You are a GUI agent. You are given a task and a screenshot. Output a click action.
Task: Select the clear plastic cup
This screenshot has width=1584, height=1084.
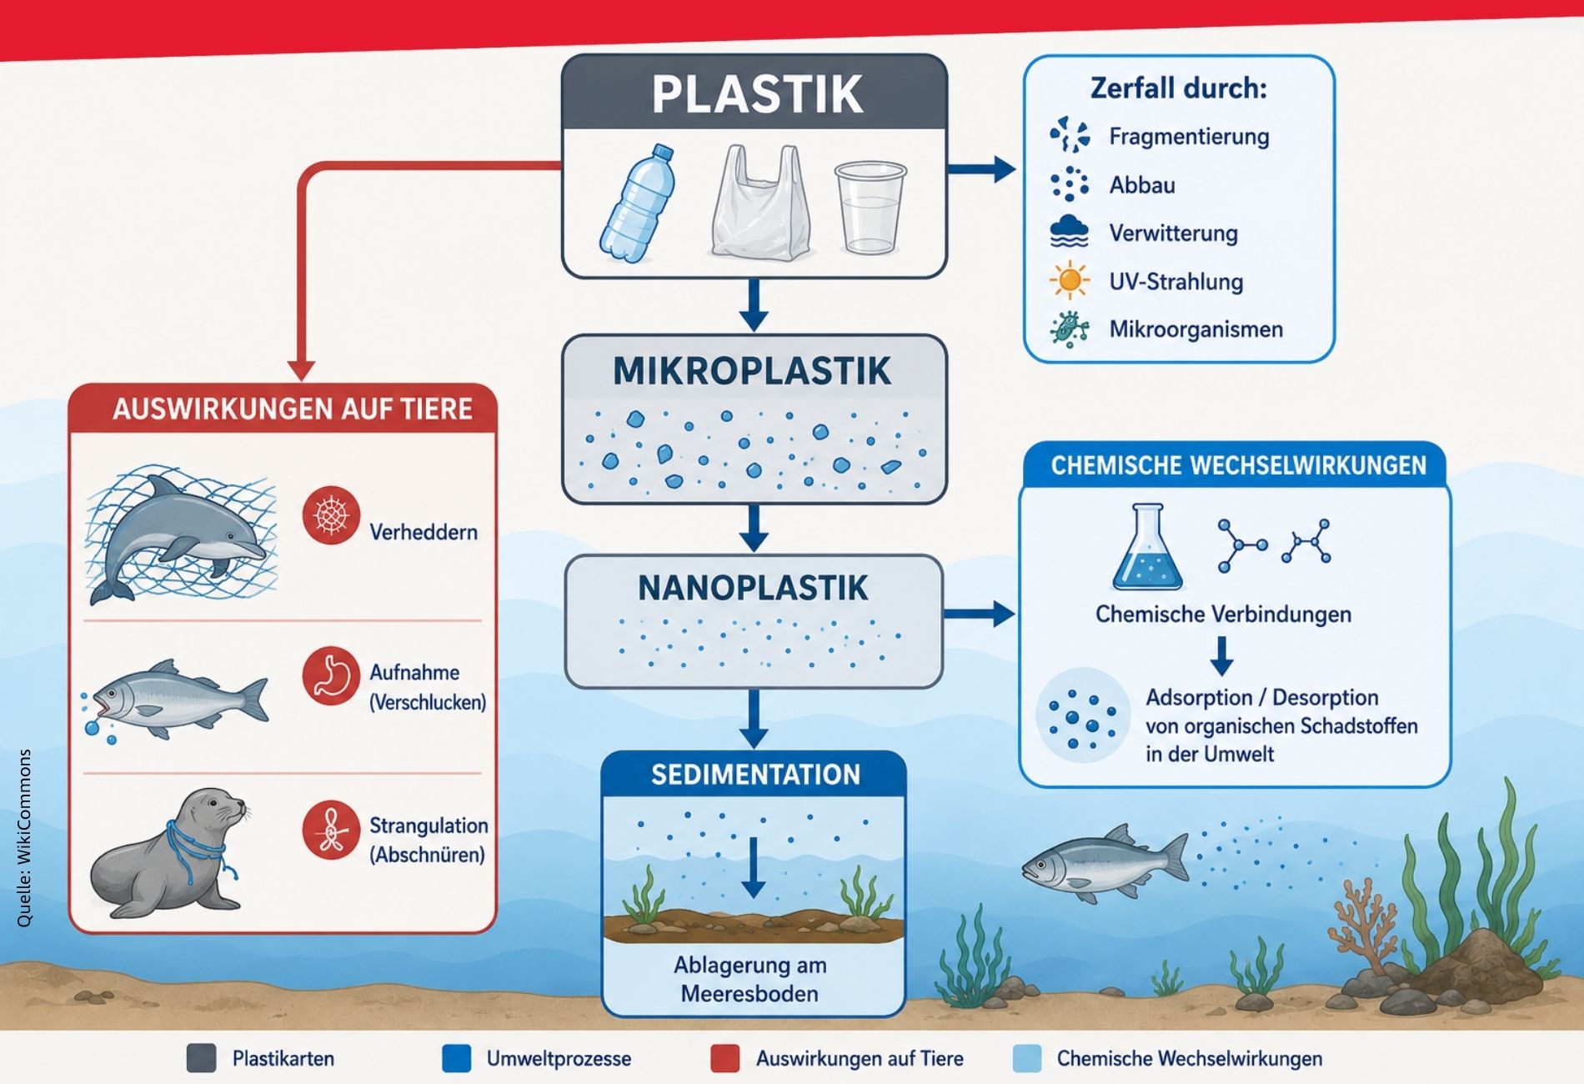870,208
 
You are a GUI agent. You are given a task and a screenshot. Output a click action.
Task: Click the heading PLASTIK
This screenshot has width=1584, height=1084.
757,94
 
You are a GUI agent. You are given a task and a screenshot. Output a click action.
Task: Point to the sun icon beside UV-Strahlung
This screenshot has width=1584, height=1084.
1070,280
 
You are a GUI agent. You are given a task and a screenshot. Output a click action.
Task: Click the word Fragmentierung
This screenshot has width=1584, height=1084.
1189,137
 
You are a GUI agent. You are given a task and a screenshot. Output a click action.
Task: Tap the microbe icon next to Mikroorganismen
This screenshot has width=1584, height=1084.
1070,329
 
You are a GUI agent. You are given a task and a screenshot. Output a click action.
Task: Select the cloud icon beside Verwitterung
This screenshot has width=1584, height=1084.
1070,232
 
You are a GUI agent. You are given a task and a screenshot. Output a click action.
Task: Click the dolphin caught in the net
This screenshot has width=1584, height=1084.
179,534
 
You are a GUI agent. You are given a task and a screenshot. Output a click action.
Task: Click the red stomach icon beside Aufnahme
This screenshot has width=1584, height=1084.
331,675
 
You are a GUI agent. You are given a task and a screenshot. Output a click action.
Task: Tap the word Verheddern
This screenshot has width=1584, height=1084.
424,532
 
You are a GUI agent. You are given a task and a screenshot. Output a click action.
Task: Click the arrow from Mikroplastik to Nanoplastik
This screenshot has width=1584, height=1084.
754,529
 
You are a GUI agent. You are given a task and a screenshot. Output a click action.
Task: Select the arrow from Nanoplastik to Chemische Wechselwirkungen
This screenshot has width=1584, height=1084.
979,615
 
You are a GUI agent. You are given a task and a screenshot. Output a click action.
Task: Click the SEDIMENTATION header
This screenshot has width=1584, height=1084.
755,775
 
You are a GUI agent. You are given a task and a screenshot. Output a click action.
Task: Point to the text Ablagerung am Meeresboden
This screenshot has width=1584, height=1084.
749,979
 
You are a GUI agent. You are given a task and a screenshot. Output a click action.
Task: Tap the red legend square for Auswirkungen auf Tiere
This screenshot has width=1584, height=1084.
724,1058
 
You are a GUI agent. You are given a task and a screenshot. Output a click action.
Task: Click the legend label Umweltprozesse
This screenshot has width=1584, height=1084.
559,1059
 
